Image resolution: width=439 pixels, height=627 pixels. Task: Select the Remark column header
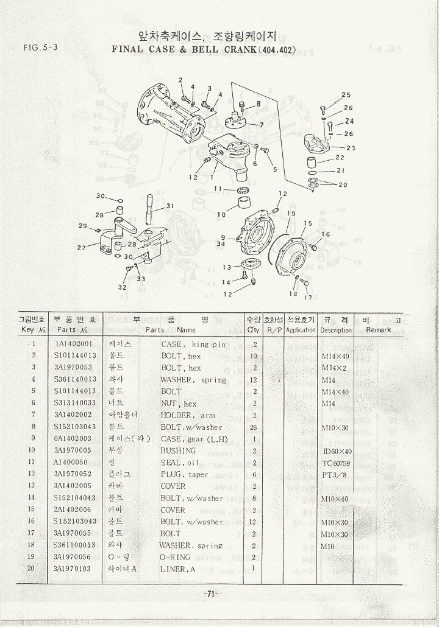coord(378,330)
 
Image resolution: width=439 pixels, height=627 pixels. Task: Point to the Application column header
coord(301,330)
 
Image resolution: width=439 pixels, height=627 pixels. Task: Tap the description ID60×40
coord(337,451)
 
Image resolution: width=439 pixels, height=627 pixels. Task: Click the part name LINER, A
coord(177,569)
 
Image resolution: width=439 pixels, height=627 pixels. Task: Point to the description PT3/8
coord(335,474)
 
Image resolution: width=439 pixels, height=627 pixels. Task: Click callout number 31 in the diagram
coord(170,206)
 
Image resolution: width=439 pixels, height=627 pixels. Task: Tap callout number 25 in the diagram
coord(346,95)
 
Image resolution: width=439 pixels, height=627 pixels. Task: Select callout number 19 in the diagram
coord(291,214)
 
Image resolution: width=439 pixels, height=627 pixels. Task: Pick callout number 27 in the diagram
coord(81,248)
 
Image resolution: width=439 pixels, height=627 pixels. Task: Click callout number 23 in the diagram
coord(351,148)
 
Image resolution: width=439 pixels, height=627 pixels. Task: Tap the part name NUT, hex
coord(179,403)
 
